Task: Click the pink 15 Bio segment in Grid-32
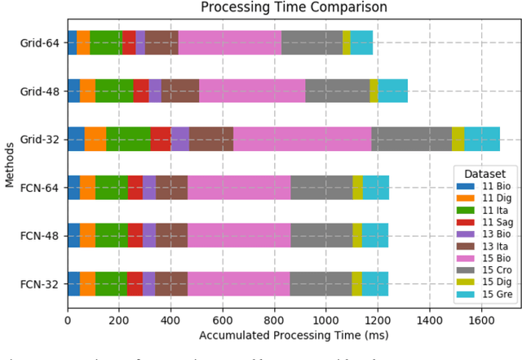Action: [x=302, y=140]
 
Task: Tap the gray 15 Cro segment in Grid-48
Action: [x=337, y=91]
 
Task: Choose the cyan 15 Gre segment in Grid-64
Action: [x=361, y=43]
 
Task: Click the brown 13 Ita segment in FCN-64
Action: [x=171, y=188]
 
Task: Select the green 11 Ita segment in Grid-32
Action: [x=128, y=140]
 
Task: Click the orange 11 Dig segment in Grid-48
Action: [x=87, y=91]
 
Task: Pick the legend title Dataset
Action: [x=484, y=174]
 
